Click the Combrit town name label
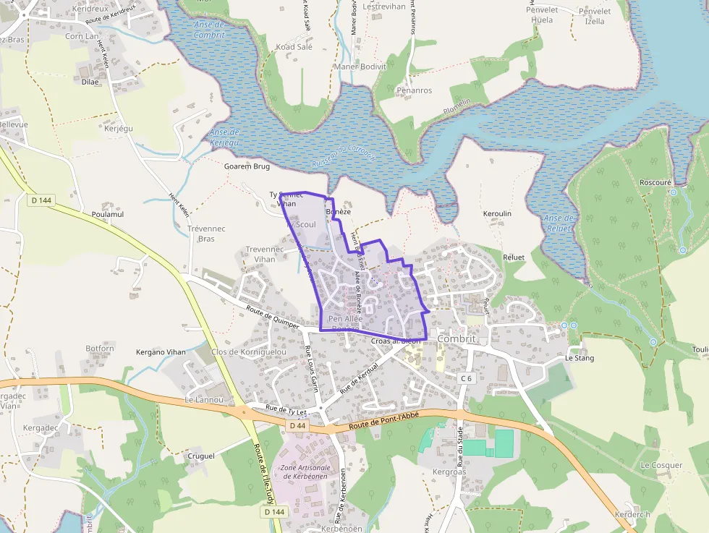(457, 338)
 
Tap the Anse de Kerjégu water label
(224, 137)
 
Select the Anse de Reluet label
(559, 223)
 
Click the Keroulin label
(497, 214)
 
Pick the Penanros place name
(414, 90)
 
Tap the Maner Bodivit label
(360, 67)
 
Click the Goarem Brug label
(247, 166)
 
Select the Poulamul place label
(108, 214)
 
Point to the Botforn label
(100, 349)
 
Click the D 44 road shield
(297, 426)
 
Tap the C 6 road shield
(466, 378)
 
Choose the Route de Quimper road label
(273, 317)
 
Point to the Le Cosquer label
(661, 465)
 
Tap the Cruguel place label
(201, 456)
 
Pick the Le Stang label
(579, 358)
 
